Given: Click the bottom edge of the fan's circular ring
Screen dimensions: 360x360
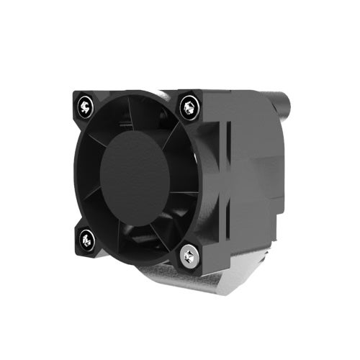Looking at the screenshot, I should [137, 252].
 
